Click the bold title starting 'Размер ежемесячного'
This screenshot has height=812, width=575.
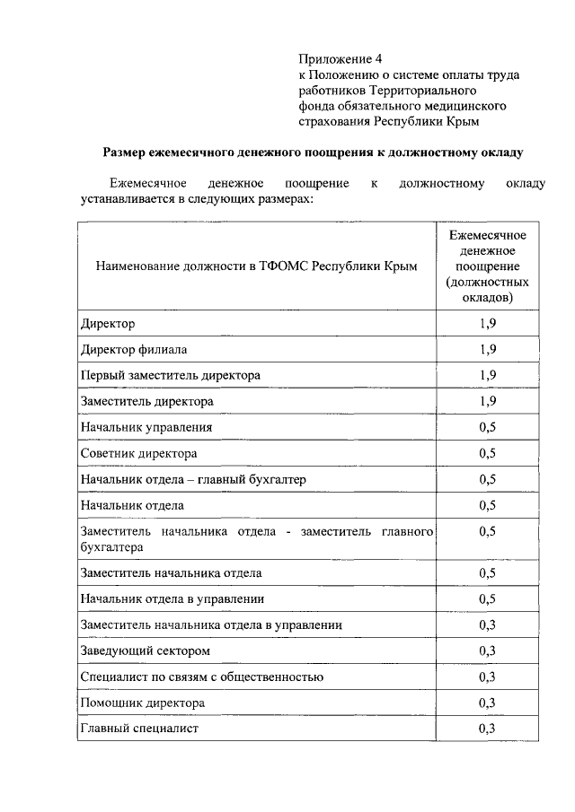312,153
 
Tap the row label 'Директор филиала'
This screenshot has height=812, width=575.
134,349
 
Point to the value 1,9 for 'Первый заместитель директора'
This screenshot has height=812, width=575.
488,375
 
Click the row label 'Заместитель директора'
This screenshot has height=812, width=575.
146,401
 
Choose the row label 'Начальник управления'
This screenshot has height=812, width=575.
146,427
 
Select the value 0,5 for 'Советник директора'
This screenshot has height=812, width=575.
488,453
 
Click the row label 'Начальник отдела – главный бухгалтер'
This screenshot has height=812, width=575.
193,480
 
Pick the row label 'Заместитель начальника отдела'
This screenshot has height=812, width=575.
171,572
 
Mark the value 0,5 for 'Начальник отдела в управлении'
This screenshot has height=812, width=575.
488,598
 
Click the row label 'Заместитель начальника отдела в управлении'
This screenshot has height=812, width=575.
210,624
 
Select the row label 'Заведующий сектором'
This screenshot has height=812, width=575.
145,650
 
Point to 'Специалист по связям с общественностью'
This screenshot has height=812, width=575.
201,677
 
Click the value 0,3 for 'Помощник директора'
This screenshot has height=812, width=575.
488,703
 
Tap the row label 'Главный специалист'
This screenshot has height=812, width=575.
138,729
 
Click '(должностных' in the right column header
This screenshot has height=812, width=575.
488,281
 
